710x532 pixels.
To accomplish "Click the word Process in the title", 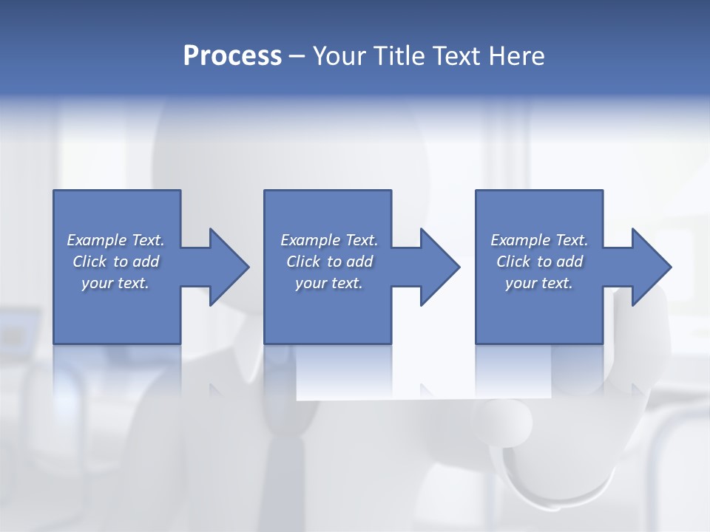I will click(x=232, y=56).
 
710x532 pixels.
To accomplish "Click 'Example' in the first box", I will click(x=96, y=240).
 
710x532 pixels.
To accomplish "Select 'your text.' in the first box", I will click(x=115, y=283).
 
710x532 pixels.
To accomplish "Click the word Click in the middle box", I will click(x=304, y=262).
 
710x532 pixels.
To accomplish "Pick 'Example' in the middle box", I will click(x=310, y=240).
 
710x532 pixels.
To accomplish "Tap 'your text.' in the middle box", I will click(x=329, y=283).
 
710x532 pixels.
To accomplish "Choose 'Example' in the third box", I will click(x=520, y=240).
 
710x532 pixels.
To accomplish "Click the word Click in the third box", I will click(x=514, y=262).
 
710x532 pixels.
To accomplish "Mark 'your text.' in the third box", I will click(x=539, y=283).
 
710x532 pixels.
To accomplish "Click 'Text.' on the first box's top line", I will click(x=148, y=240).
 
